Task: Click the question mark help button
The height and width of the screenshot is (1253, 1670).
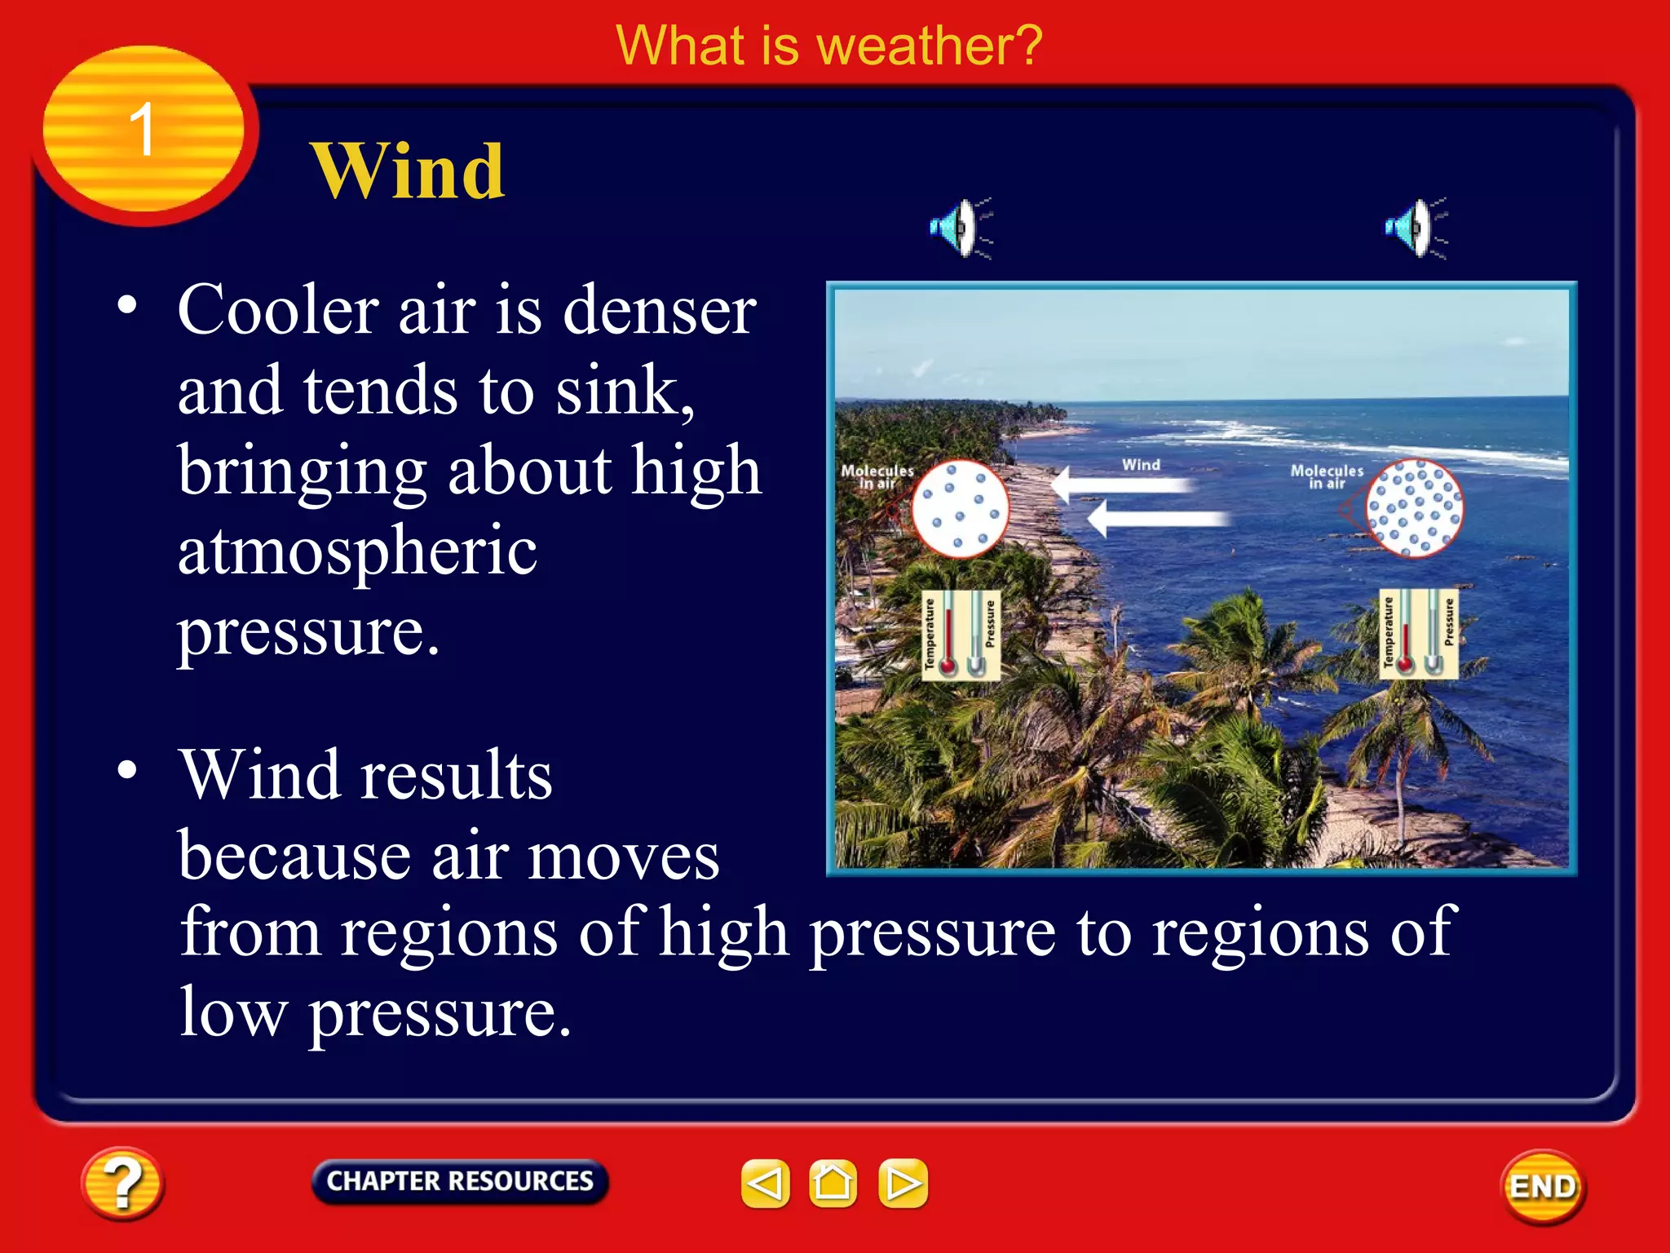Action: (122, 1183)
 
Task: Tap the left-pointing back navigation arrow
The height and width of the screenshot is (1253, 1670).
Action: (765, 1183)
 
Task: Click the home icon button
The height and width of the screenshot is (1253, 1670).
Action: (833, 1183)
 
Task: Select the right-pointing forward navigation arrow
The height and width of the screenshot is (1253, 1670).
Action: (903, 1183)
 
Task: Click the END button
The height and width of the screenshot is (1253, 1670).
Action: (1543, 1186)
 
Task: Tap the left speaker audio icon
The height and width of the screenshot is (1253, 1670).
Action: (960, 228)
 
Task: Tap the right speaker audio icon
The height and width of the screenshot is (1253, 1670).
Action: (1415, 228)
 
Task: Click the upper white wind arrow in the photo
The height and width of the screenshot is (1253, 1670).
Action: (1121, 485)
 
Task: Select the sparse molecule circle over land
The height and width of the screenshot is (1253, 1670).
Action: (960, 508)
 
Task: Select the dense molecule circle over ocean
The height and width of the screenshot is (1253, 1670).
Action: (1414, 508)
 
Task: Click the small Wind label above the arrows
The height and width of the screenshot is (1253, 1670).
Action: (1140, 464)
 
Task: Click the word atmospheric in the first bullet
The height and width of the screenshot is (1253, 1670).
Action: (357, 551)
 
